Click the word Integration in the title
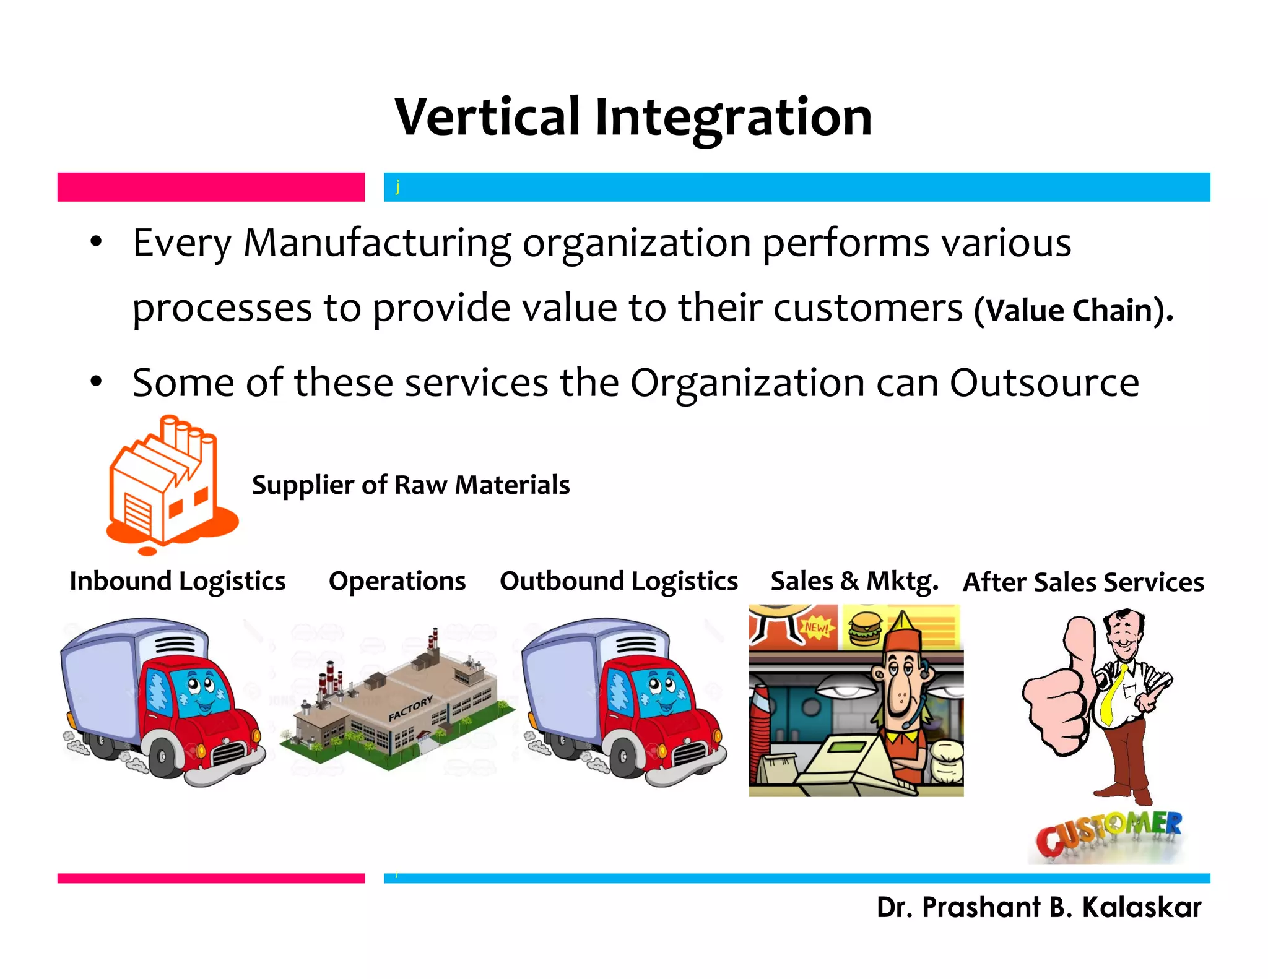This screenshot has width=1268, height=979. tap(733, 119)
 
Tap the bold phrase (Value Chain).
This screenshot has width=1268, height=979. tap(1072, 310)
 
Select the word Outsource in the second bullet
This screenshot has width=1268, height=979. tap(1044, 383)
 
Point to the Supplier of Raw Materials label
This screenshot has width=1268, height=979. tap(410, 485)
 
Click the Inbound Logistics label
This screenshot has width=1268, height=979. tap(178, 581)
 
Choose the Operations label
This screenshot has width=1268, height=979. tap(397, 581)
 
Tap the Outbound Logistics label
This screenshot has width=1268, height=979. tap(619, 581)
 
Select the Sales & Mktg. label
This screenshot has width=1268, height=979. tap(854, 581)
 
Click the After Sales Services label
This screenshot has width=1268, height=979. tap(1083, 582)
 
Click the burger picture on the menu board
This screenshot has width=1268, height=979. tap(864, 628)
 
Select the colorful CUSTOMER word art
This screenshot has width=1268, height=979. tap(1108, 832)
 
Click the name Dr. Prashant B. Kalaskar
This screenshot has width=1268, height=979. tap(1038, 908)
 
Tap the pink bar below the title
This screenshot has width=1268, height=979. tap(211, 187)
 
